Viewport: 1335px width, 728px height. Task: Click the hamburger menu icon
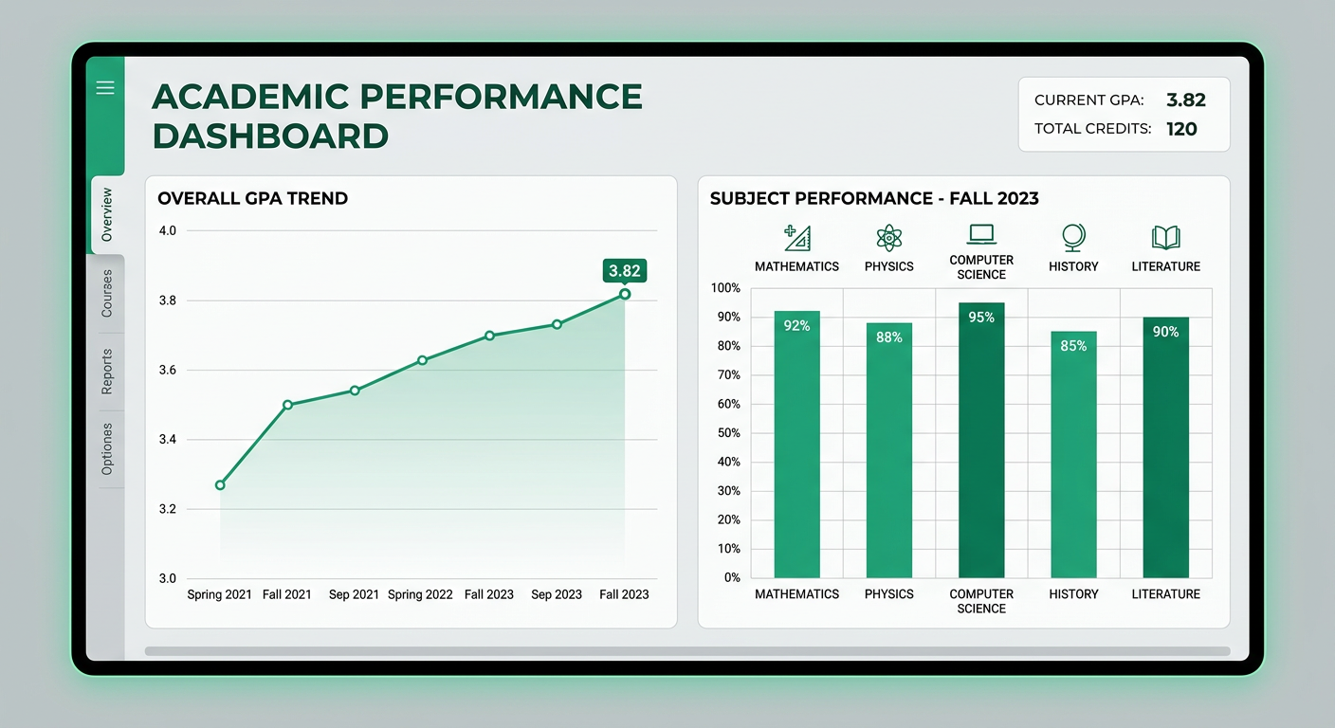click(x=105, y=88)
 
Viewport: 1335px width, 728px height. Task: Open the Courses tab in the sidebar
click(x=107, y=294)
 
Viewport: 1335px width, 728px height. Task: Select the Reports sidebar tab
click(x=107, y=372)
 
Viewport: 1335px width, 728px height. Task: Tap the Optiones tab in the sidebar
click(x=107, y=449)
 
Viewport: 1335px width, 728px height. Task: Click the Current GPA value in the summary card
click(x=1185, y=100)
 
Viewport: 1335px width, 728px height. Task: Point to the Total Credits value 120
click(x=1181, y=129)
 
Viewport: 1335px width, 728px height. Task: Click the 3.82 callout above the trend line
click(x=624, y=271)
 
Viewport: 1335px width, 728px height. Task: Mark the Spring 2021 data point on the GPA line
click(x=220, y=485)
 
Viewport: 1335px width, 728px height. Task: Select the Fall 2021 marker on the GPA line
click(x=287, y=405)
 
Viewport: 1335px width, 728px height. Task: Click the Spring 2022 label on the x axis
click(x=420, y=595)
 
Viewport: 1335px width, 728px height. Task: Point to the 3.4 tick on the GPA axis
click(x=167, y=440)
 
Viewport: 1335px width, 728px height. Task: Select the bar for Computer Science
click(x=981, y=441)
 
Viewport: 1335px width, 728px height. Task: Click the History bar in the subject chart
click(x=1073, y=455)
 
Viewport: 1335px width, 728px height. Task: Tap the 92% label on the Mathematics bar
click(x=796, y=326)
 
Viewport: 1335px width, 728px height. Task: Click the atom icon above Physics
click(x=888, y=237)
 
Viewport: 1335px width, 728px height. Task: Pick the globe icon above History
click(x=1073, y=237)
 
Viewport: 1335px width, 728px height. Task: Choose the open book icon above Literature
click(x=1165, y=237)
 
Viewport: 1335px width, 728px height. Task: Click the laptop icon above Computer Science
click(x=981, y=234)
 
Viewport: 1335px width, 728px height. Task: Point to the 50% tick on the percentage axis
click(x=726, y=433)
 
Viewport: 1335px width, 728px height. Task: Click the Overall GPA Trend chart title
click(x=252, y=199)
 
